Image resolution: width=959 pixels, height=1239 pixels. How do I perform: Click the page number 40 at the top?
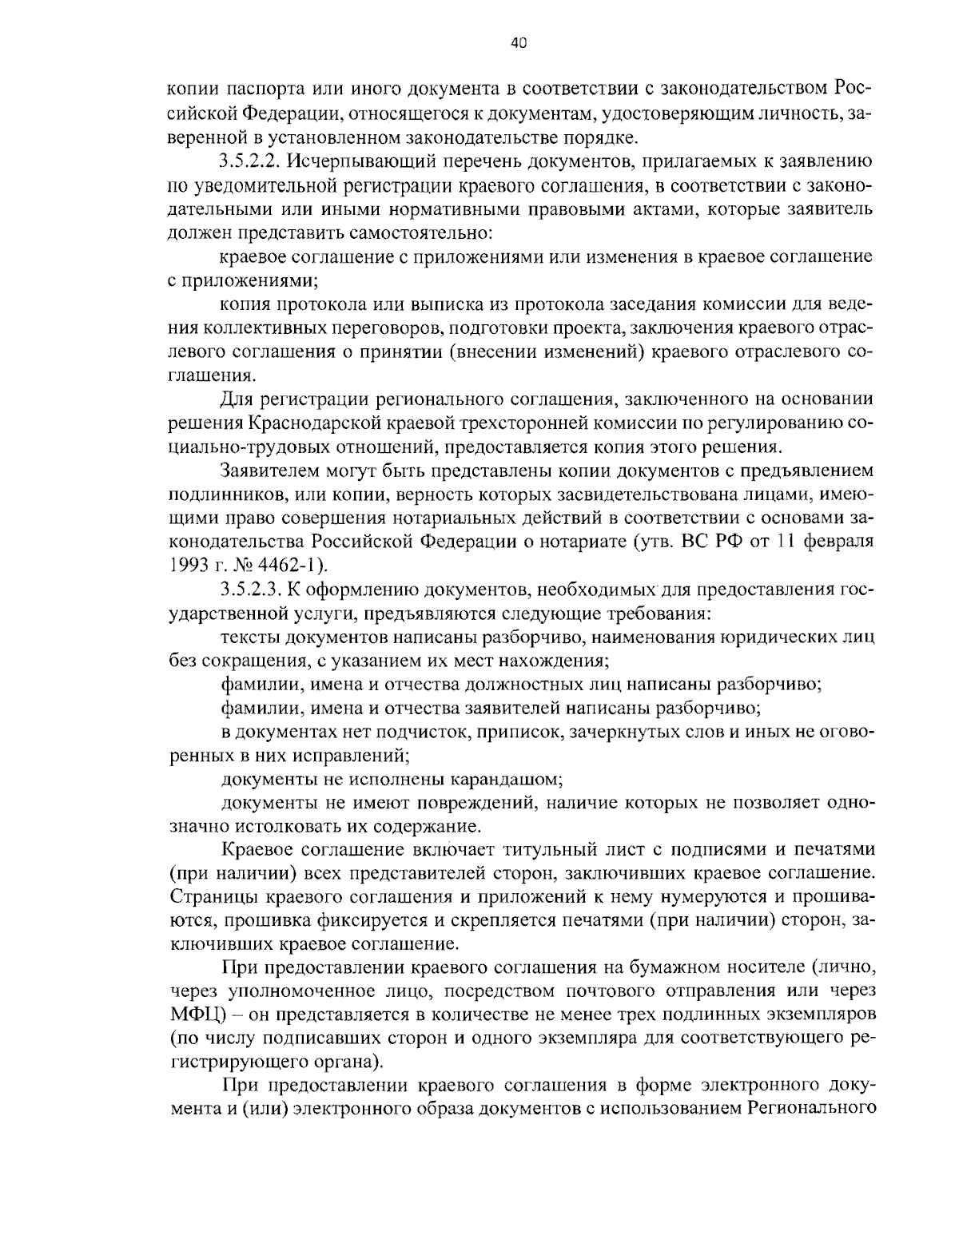[518, 45]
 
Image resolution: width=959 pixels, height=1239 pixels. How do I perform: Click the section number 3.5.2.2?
[249, 161]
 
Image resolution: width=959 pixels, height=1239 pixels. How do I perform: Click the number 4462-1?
[283, 566]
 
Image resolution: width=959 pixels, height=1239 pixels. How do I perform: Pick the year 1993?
[186, 566]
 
